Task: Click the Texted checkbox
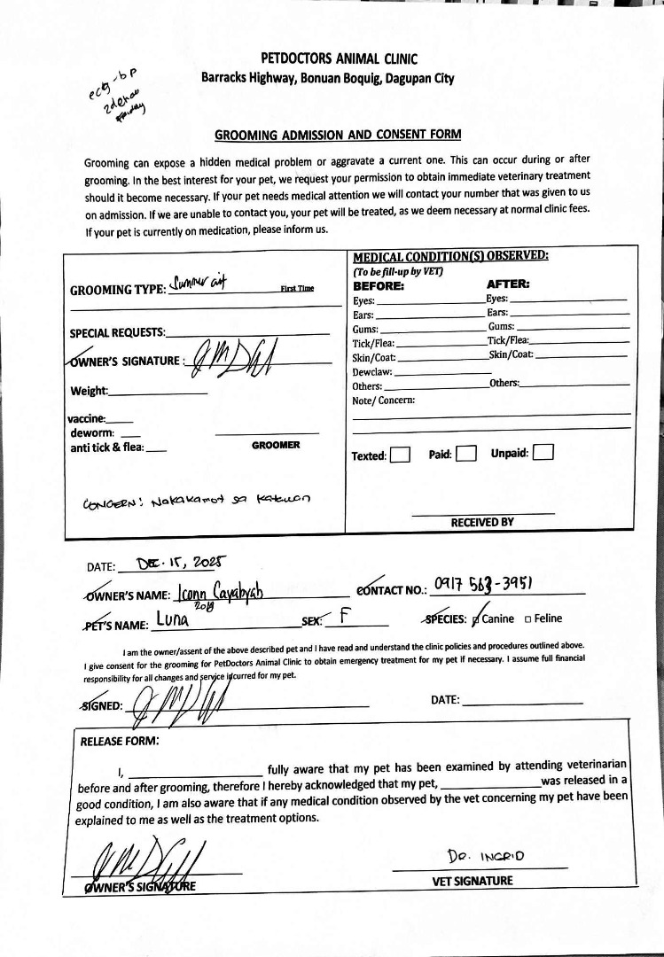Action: point(400,455)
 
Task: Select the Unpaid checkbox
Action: point(543,453)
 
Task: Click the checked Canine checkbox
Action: point(479,619)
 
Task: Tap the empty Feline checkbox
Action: point(528,619)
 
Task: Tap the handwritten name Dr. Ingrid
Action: point(487,856)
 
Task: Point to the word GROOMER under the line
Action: point(276,445)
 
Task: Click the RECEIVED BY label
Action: point(482,522)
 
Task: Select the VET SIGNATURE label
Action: point(473,881)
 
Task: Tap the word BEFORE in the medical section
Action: point(379,286)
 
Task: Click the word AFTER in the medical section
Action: point(509,285)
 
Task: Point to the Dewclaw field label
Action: point(372,372)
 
